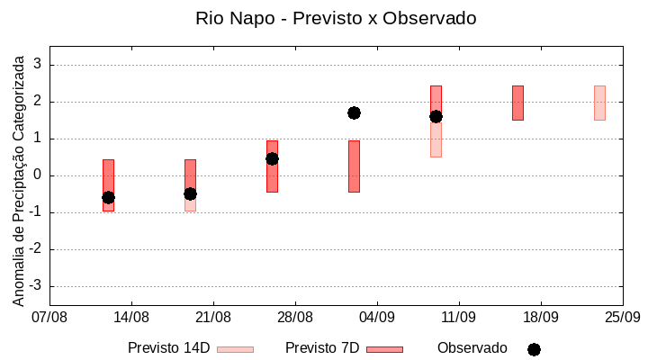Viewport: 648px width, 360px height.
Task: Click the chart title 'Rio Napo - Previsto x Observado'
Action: pyautogui.click(x=336, y=18)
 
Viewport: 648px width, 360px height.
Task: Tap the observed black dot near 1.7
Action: pyautogui.click(x=354, y=112)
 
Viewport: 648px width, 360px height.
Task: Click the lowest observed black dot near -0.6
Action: pyautogui.click(x=108, y=197)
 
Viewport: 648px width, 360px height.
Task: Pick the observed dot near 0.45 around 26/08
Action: pyautogui.click(x=272, y=158)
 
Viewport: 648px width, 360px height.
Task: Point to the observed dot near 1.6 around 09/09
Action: pyautogui.click(x=436, y=116)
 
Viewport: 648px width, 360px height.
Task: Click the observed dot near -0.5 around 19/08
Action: pyautogui.click(x=190, y=193)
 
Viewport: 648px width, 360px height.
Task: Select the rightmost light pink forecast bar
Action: pyautogui.click(x=599, y=103)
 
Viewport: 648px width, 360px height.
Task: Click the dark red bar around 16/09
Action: pyautogui.click(x=517, y=103)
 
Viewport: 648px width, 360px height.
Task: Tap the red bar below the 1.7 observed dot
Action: pyautogui.click(x=354, y=166)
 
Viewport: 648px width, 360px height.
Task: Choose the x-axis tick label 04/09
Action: pyautogui.click(x=377, y=318)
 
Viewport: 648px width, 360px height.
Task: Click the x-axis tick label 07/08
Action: pyautogui.click(x=49, y=318)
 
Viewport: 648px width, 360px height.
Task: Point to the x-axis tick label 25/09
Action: pyautogui.click(x=622, y=318)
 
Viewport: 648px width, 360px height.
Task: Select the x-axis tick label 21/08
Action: pyautogui.click(x=213, y=318)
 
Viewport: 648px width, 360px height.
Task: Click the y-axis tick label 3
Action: pyautogui.click(x=38, y=65)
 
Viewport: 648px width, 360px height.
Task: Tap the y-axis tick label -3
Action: pyautogui.click(x=35, y=286)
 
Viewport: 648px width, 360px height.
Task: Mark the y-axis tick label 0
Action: pyautogui.click(x=38, y=175)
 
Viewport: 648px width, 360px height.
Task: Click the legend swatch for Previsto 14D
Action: pyautogui.click(x=235, y=349)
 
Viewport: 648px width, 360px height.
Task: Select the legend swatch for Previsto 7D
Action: pyautogui.click(x=384, y=349)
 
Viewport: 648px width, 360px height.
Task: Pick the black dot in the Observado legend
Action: pyautogui.click(x=534, y=349)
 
